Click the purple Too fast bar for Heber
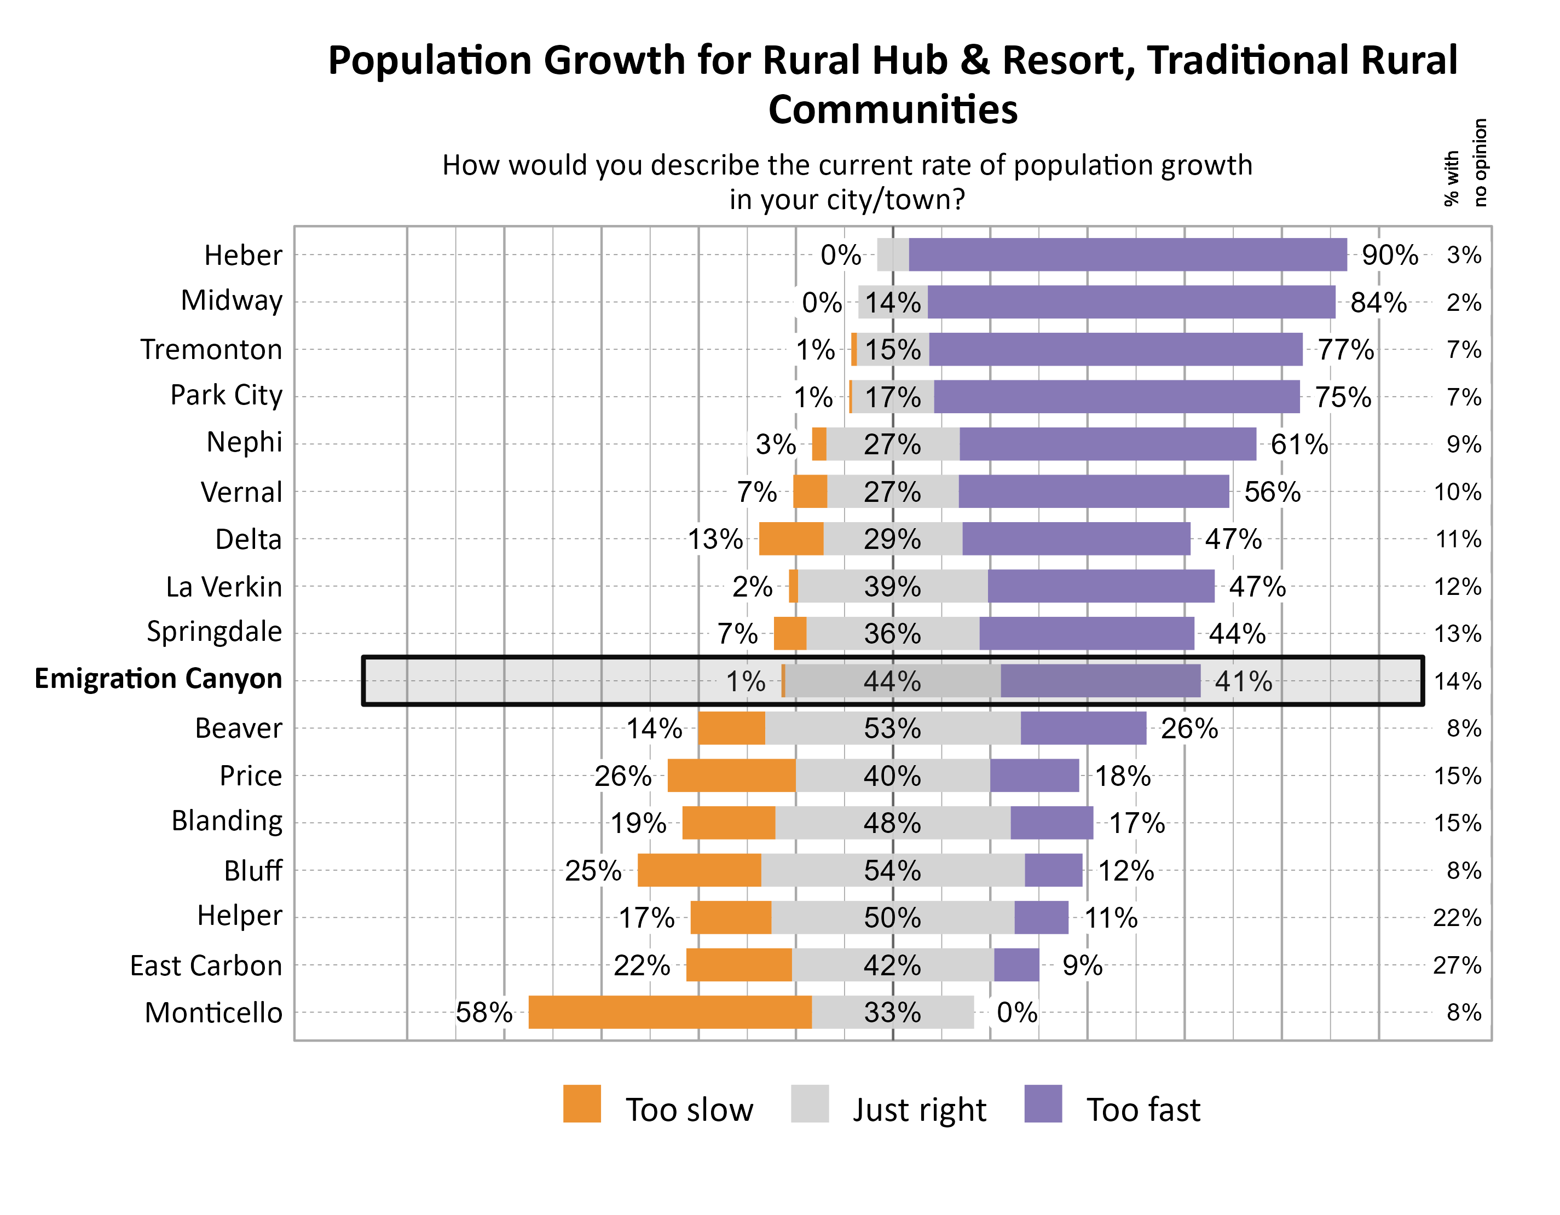click(1127, 255)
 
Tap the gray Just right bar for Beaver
click(892, 728)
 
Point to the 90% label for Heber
click(1389, 255)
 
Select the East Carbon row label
click(206, 966)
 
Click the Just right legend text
click(919, 1110)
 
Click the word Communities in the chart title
click(892, 109)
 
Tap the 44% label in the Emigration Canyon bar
click(892, 681)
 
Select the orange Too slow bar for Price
click(731, 776)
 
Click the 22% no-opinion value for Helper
click(1457, 918)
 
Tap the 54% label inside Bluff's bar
click(892, 871)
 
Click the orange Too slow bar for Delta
click(791, 539)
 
